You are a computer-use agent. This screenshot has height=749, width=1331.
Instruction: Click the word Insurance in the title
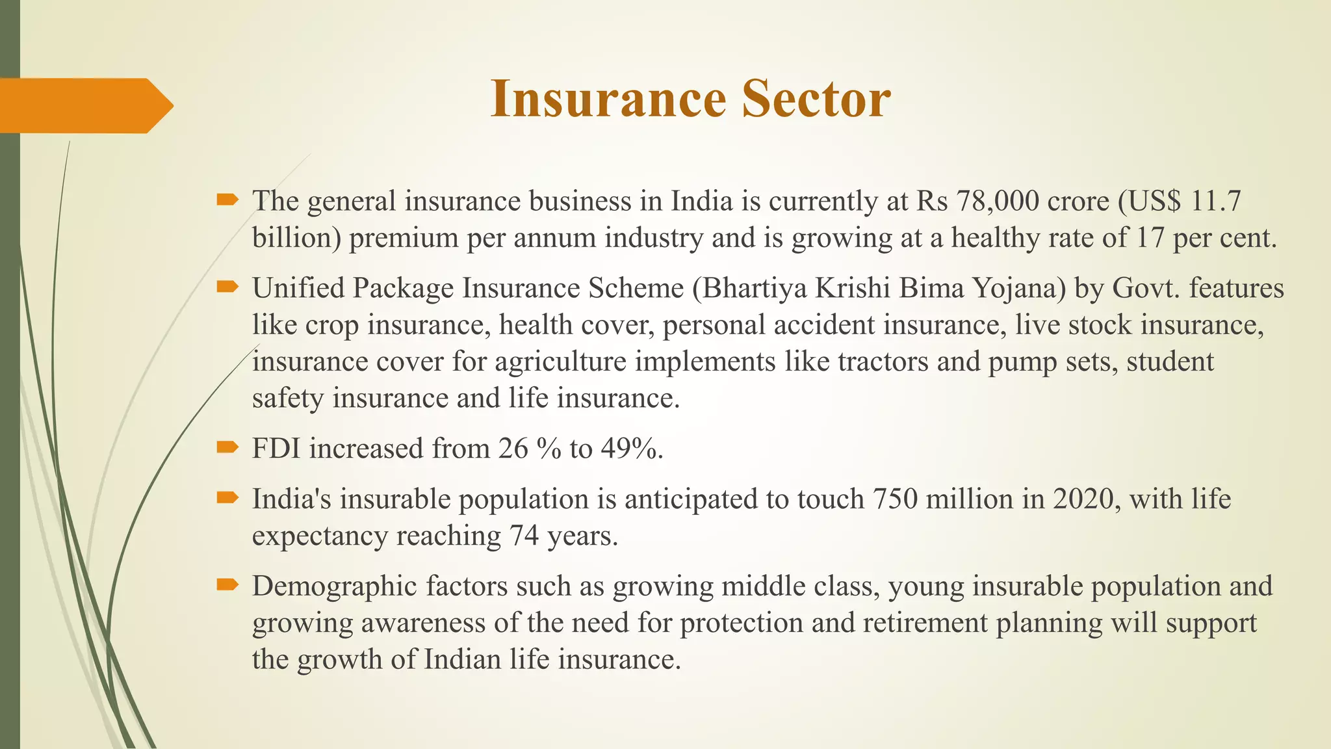pos(608,99)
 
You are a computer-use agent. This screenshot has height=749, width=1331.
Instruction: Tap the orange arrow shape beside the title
pos(84,105)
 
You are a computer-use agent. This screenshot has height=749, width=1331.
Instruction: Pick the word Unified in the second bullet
pos(298,288)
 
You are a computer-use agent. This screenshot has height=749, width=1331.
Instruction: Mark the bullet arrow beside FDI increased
pos(228,447)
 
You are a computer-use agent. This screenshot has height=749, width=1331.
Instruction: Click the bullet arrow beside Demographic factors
pos(228,585)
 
